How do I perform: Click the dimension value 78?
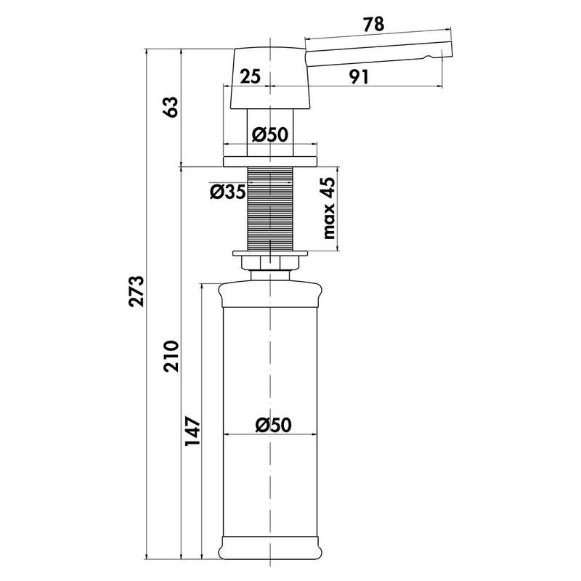point(373,25)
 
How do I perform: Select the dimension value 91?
point(359,77)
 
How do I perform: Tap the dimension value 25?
point(250,76)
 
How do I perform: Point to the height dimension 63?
point(171,107)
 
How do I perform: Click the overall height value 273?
point(136,291)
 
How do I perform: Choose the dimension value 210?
point(171,356)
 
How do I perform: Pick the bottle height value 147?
point(192,431)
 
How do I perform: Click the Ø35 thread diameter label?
point(227,192)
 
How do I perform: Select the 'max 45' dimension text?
point(329,208)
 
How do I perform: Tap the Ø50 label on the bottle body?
point(274,425)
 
